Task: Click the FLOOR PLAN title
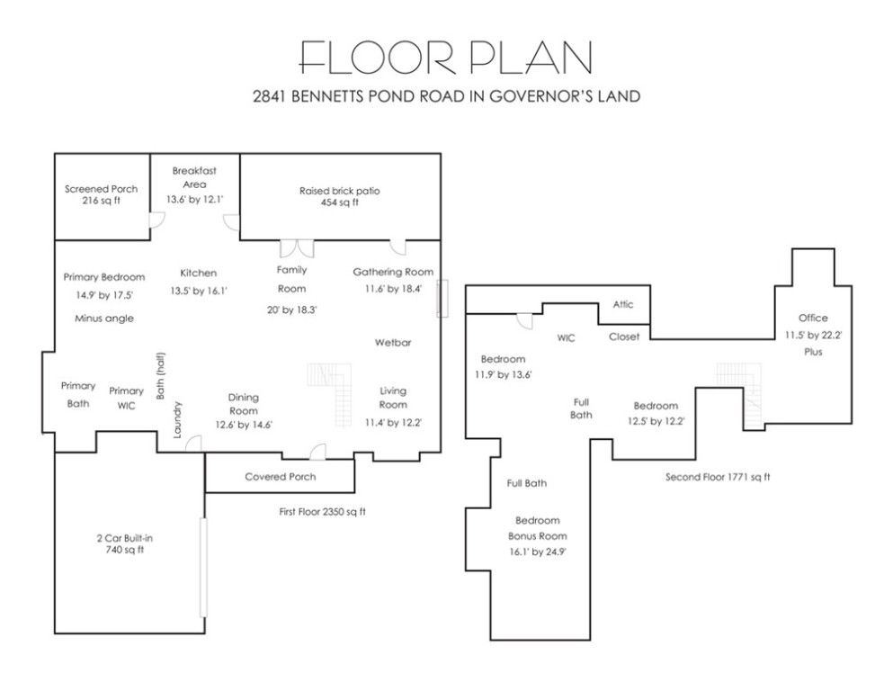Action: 446,58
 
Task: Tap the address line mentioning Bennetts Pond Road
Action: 446,96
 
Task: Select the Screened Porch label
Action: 101,189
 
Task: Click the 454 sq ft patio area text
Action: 339,202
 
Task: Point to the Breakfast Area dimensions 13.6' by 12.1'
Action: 195,200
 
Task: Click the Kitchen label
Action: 198,273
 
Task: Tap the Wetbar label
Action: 393,343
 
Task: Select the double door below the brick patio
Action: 297,248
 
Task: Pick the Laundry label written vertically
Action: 177,420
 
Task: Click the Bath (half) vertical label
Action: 161,376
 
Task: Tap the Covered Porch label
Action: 281,477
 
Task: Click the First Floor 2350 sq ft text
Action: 322,512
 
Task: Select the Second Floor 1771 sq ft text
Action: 718,477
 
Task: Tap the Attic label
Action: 623,304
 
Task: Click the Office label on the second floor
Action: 813,318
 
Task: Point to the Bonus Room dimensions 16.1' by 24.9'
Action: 538,552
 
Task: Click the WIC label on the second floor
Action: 566,337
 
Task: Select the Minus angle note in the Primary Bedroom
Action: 104,319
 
